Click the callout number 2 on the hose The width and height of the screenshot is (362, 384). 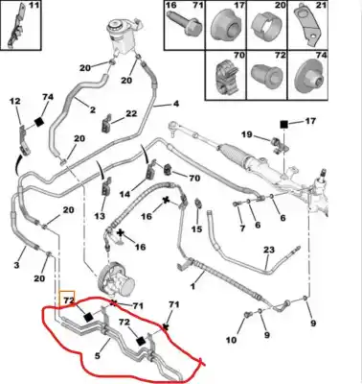tap(93, 110)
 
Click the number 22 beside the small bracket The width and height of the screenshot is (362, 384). tap(131, 114)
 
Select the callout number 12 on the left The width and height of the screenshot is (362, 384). tap(14, 101)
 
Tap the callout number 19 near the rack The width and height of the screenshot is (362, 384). tap(247, 135)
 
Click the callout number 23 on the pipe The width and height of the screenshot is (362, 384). tap(268, 250)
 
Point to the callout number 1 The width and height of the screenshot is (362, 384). tap(195, 284)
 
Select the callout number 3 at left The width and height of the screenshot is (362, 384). tap(18, 264)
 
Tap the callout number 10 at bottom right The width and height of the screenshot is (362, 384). tap(231, 340)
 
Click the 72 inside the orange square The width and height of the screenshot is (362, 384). tap(68, 300)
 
